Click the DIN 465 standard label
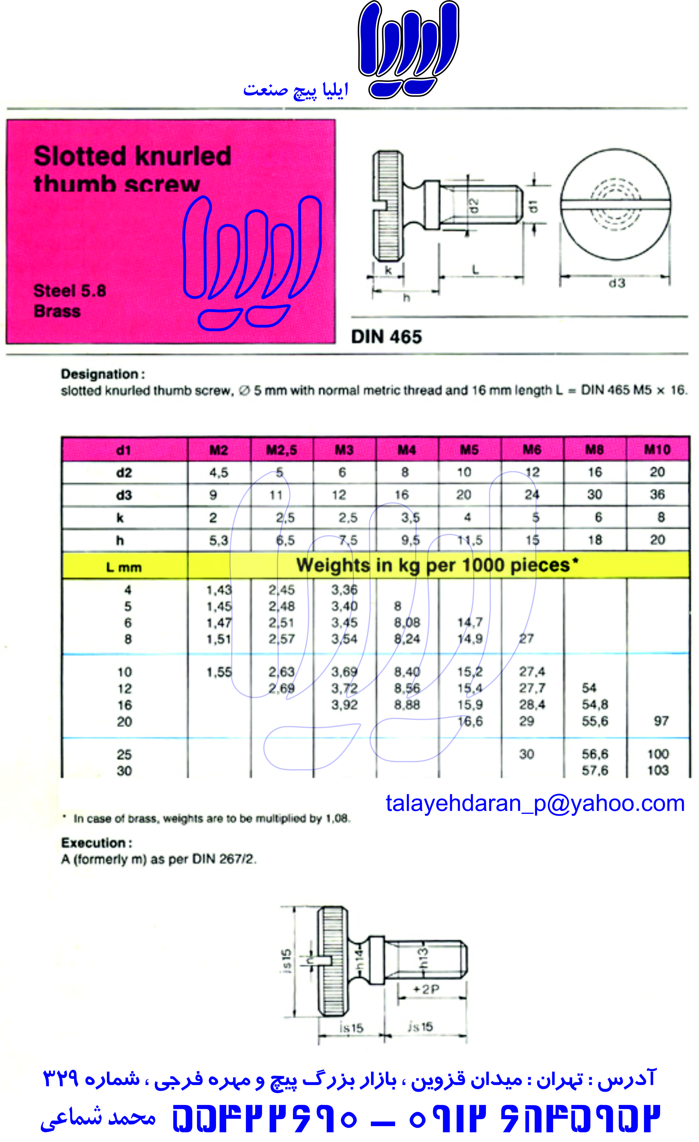click(x=386, y=337)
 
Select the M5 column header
click(x=469, y=450)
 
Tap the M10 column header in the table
click(x=657, y=450)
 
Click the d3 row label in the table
click(x=124, y=495)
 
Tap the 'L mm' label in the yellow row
click(x=124, y=567)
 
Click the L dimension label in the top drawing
click(x=475, y=269)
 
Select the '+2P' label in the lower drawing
click(x=425, y=990)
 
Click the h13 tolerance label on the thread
click(x=423, y=958)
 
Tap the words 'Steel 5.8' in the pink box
click(x=70, y=291)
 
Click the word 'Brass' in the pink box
click(x=57, y=311)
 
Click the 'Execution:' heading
click(x=96, y=843)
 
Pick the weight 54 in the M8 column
click(x=589, y=688)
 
